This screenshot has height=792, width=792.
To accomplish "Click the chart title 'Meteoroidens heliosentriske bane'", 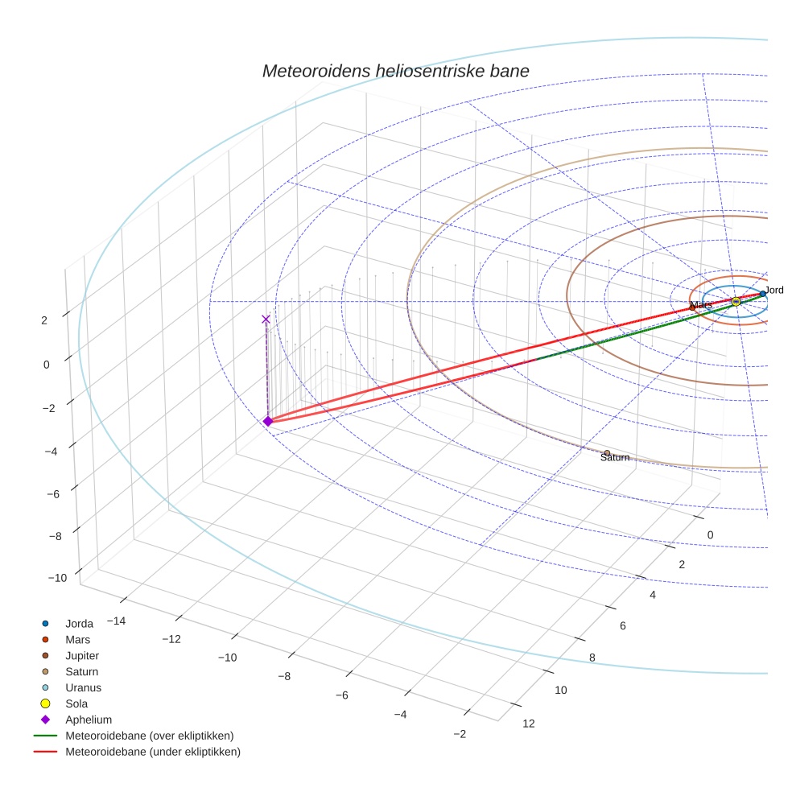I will [x=395, y=71].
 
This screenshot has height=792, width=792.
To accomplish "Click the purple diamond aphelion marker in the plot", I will [x=268, y=421].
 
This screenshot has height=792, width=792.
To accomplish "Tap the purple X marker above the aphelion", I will [x=266, y=320].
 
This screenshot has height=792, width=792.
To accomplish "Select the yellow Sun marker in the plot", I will [x=735, y=302].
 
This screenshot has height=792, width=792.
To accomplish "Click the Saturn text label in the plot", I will [x=615, y=458].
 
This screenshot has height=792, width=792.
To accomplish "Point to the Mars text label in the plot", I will [x=701, y=305].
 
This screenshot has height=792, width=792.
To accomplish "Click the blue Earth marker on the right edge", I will [x=762, y=294].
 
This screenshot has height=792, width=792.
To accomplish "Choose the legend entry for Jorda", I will [x=79, y=624].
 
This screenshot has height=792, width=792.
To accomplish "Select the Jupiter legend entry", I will [x=81, y=656].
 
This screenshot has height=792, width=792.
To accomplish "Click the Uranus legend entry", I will [x=83, y=688].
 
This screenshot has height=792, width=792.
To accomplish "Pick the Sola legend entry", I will [x=76, y=703].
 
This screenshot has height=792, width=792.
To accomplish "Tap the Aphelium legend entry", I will [x=88, y=720].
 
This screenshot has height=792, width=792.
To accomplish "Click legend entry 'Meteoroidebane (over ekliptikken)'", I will [x=149, y=736].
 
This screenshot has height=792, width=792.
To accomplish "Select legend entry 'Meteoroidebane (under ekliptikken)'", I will [x=152, y=752].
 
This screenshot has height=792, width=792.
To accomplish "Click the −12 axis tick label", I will [x=170, y=639].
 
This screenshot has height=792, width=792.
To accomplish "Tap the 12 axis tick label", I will [x=528, y=724].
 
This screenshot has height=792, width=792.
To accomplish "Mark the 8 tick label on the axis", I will [x=592, y=658].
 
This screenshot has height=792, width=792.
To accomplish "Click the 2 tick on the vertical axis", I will [x=44, y=320].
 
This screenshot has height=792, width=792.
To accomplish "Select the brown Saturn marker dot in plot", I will [x=607, y=452].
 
